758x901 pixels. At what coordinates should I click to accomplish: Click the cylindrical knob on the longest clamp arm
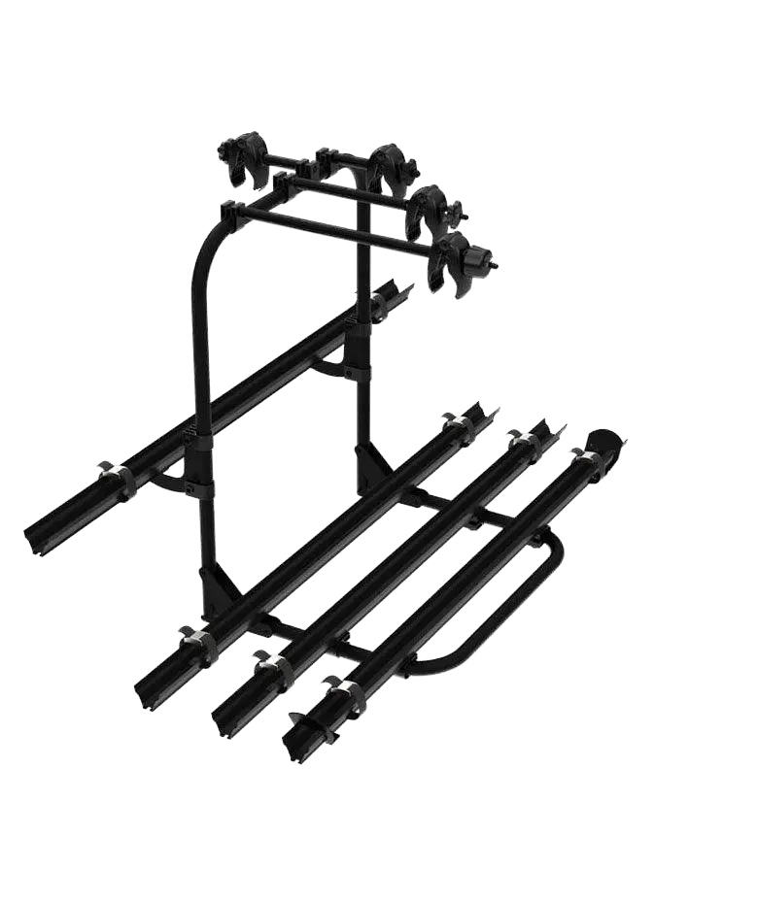[x=478, y=259]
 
